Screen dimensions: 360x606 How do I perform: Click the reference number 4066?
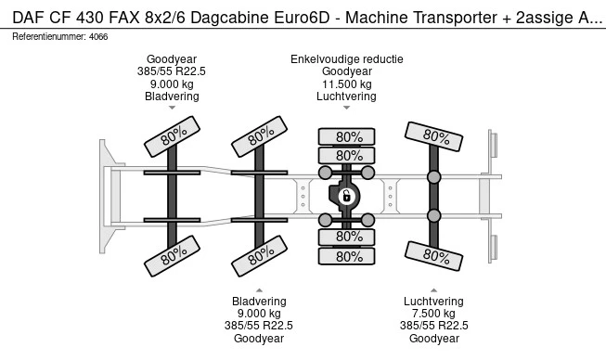click(99, 36)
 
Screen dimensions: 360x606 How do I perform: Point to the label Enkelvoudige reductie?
click(346, 58)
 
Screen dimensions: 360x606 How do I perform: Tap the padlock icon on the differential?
click(345, 196)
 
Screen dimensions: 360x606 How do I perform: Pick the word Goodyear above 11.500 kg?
click(346, 71)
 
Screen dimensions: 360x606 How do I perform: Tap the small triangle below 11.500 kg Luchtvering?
click(346, 108)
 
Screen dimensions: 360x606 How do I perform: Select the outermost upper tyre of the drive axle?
click(348, 136)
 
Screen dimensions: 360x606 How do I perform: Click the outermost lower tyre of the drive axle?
click(348, 257)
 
